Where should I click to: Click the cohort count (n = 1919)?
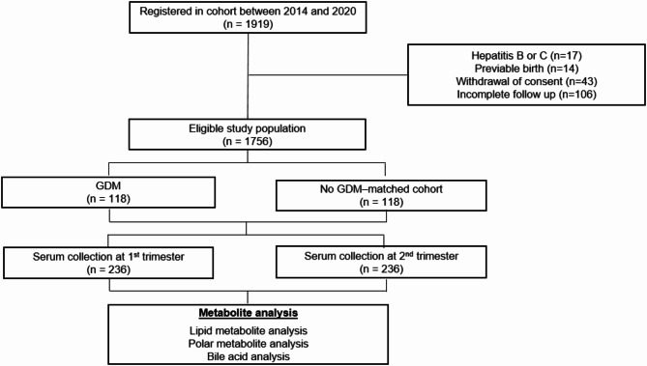pos(248,24)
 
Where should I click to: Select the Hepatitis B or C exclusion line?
pos(526,55)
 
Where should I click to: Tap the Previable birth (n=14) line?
pos(526,69)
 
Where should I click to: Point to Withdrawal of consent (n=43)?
pos(526,81)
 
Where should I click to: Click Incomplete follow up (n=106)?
pos(526,95)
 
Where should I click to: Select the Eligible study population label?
pos(248,128)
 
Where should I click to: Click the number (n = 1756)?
pos(248,141)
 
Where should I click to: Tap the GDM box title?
pos(108,185)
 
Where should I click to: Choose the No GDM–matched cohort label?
pos(381,189)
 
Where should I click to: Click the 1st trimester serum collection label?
pos(108,257)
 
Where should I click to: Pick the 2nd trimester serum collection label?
pos(381,256)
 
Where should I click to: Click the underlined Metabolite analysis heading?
pos(248,313)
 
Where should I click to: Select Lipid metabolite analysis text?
pos(248,330)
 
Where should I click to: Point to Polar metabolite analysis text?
pos(248,344)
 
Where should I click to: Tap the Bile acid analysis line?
pos(248,356)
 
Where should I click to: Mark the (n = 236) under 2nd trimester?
pos(381,269)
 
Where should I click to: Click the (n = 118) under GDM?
pos(108,199)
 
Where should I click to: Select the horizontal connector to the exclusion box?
pos(328,75)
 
